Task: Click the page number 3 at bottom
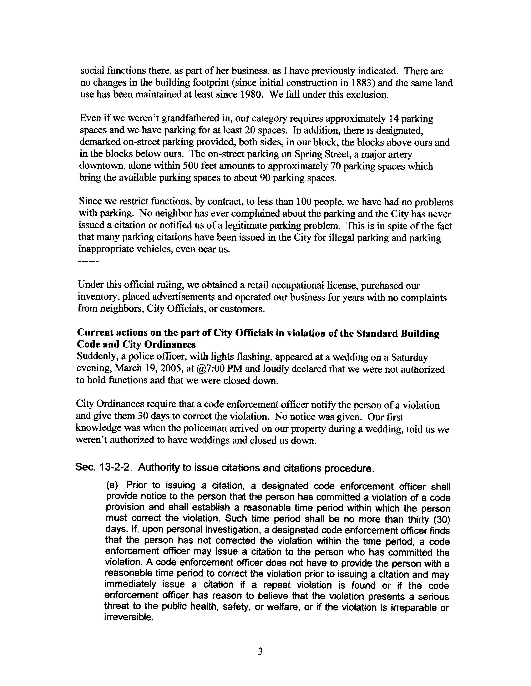tap(260, 652)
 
